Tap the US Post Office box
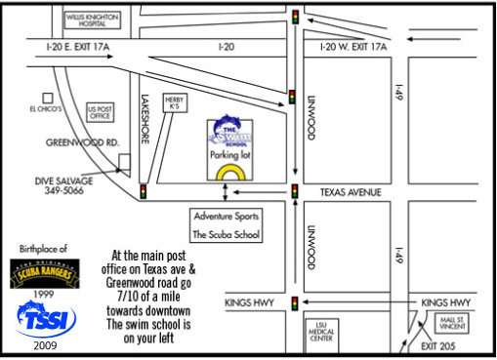point(101,111)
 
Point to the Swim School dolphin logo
point(230,135)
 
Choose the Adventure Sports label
point(224,215)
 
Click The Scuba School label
point(224,234)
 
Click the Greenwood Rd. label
point(82,141)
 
